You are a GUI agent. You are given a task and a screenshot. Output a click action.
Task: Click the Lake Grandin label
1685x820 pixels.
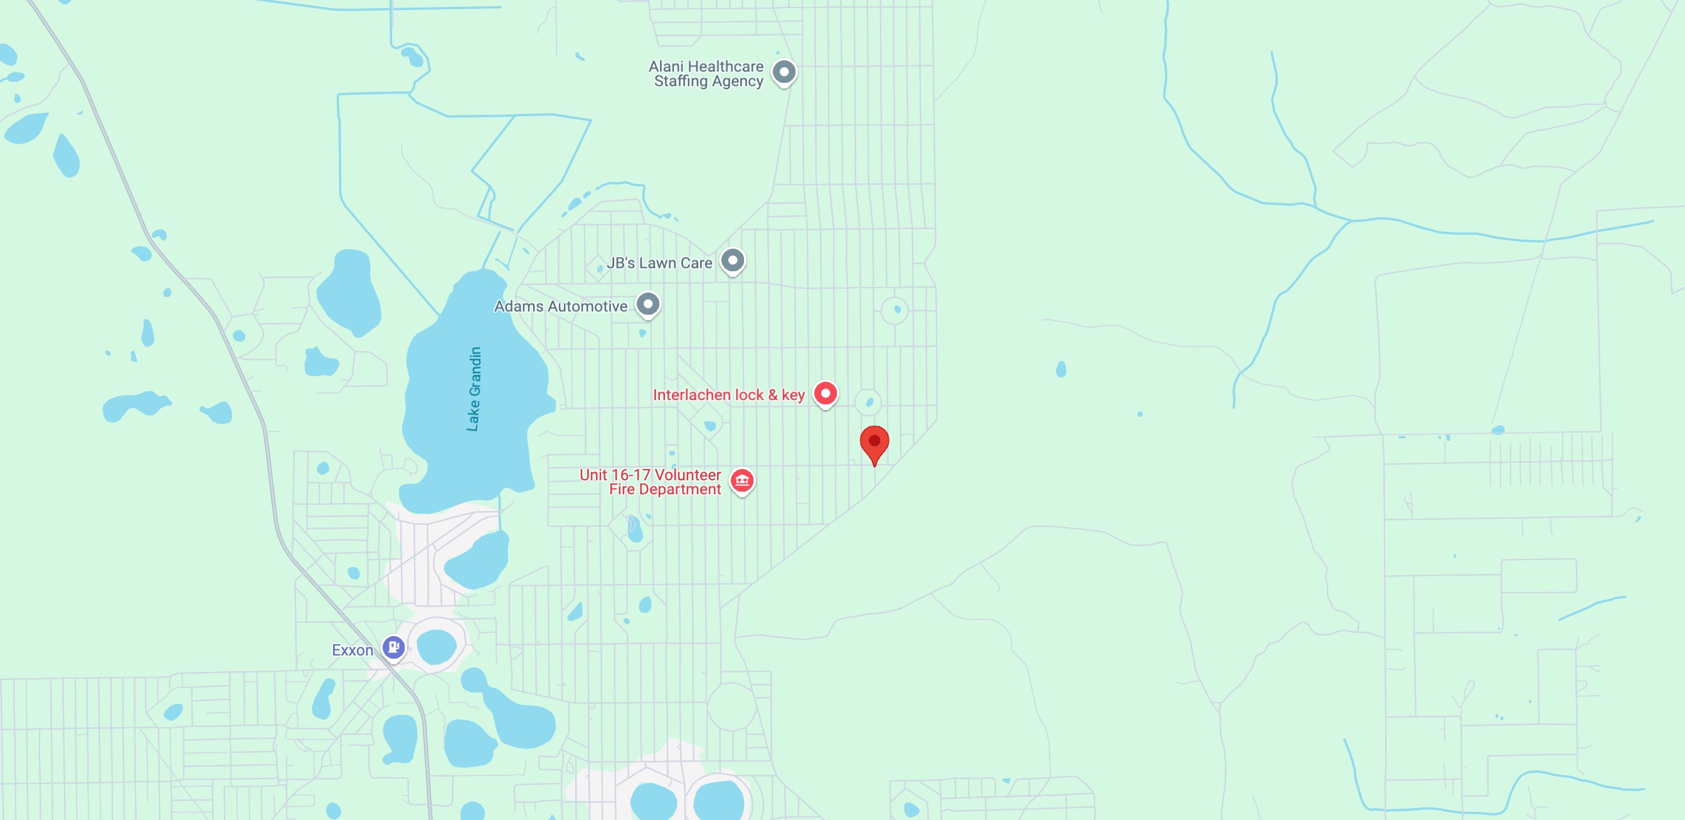(x=474, y=389)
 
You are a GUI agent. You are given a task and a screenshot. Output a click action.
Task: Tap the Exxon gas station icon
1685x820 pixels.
(x=393, y=647)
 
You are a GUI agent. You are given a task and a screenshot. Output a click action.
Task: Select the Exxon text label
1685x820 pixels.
(x=353, y=650)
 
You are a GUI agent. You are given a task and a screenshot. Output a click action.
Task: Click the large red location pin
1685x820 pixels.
(x=874, y=443)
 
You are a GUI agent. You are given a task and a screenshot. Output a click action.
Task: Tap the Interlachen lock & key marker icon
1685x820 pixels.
(x=825, y=393)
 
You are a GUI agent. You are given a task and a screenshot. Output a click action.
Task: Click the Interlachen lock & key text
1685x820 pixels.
(x=728, y=395)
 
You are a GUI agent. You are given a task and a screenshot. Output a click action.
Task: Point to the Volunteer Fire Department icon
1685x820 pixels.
(x=742, y=481)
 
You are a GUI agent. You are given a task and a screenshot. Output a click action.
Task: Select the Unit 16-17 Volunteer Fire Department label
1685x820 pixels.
(x=651, y=482)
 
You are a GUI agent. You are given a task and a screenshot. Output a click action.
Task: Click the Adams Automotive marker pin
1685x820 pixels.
(x=647, y=305)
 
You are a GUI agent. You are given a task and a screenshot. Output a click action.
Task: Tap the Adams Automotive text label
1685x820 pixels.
(x=561, y=306)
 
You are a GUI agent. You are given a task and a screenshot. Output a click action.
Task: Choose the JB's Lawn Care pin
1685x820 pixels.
(x=733, y=261)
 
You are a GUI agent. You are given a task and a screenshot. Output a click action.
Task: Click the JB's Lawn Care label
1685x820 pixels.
(x=659, y=263)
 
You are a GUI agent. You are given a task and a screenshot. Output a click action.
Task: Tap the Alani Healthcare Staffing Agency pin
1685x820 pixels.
(x=784, y=72)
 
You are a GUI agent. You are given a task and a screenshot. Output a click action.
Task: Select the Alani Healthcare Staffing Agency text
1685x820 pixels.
(x=706, y=73)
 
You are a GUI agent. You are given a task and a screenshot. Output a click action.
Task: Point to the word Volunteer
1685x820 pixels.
(x=688, y=475)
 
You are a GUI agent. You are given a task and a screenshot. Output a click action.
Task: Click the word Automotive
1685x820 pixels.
(x=587, y=306)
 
